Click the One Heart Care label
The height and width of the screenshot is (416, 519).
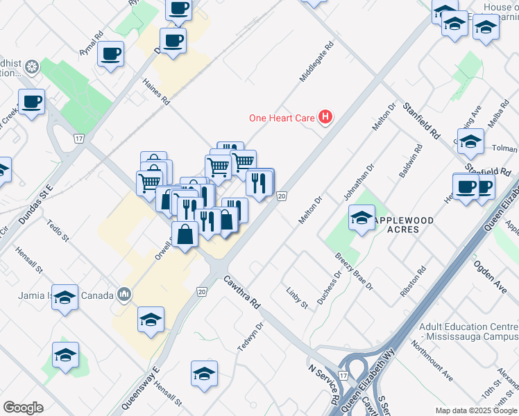[x=282, y=118]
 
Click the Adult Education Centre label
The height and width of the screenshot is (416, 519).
[x=469, y=332]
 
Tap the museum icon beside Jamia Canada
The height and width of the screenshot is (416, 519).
[x=124, y=295]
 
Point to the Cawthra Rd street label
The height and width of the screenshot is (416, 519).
[x=241, y=293]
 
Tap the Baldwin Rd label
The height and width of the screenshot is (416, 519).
[x=411, y=162]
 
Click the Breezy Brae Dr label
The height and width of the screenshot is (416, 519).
[x=354, y=272]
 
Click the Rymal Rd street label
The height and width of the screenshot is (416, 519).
[x=91, y=43]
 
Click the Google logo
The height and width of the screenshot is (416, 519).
[x=23, y=408]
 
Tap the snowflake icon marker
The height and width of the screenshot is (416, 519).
[x=31, y=67]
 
